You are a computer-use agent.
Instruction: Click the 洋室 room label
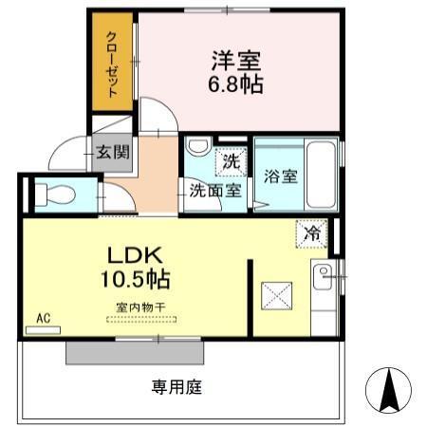point(236,61)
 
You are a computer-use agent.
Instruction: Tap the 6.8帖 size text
point(236,84)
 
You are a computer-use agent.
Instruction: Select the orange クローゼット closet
point(113,64)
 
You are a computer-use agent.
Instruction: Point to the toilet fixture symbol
point(56,195)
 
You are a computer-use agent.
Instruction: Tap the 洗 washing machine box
point(230,160)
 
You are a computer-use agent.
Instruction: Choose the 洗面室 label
point(215,189)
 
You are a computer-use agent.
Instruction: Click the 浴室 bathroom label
point(282,176)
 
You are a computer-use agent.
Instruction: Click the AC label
point(43,318)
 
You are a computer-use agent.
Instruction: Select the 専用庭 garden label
point(177,386)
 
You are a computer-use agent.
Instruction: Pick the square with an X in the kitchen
point(280,294)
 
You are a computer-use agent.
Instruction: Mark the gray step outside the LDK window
point(134,352)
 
